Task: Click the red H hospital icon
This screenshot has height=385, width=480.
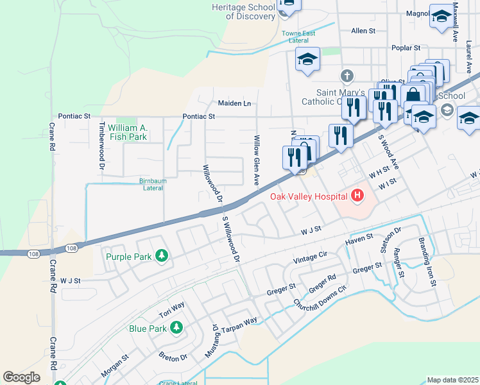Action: coord(357,196)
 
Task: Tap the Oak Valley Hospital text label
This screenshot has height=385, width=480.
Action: coord(308,196)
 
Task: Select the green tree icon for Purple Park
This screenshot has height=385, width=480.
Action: coord(163,257)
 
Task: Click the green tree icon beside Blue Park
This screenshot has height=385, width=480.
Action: coord(176,329)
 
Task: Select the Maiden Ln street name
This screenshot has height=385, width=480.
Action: coord(234,103)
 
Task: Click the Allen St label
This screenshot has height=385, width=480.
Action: coord(363,31)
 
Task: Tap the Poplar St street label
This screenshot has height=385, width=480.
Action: coord(406,48)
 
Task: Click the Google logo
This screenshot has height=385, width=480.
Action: coord(21,377)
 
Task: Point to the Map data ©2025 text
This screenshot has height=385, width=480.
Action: coord(452,380)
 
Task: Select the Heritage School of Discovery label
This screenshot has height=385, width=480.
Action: coord(243,12)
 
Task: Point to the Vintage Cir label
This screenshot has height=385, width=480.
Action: coord(310,257)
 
